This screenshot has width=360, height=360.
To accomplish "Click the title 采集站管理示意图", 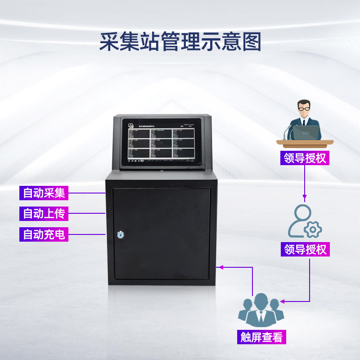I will pos(180,41).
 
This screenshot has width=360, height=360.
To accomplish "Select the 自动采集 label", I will pos(44,193).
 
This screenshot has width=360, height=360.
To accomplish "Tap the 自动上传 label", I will pos(44,214).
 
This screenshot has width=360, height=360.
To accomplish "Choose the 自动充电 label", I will pos(44,234).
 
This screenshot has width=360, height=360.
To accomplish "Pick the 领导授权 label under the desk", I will pos(305,158).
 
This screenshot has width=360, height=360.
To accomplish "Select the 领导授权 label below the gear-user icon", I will pos(305,249).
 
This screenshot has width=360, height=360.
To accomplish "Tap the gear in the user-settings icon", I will pos(313,229).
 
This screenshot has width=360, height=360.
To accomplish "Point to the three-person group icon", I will pos(261,310).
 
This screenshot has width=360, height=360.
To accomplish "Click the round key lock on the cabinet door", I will pos(120,234).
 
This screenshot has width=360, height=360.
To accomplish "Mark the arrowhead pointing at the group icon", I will pos(282,301).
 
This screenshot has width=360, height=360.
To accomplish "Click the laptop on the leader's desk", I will pos(308,132).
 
